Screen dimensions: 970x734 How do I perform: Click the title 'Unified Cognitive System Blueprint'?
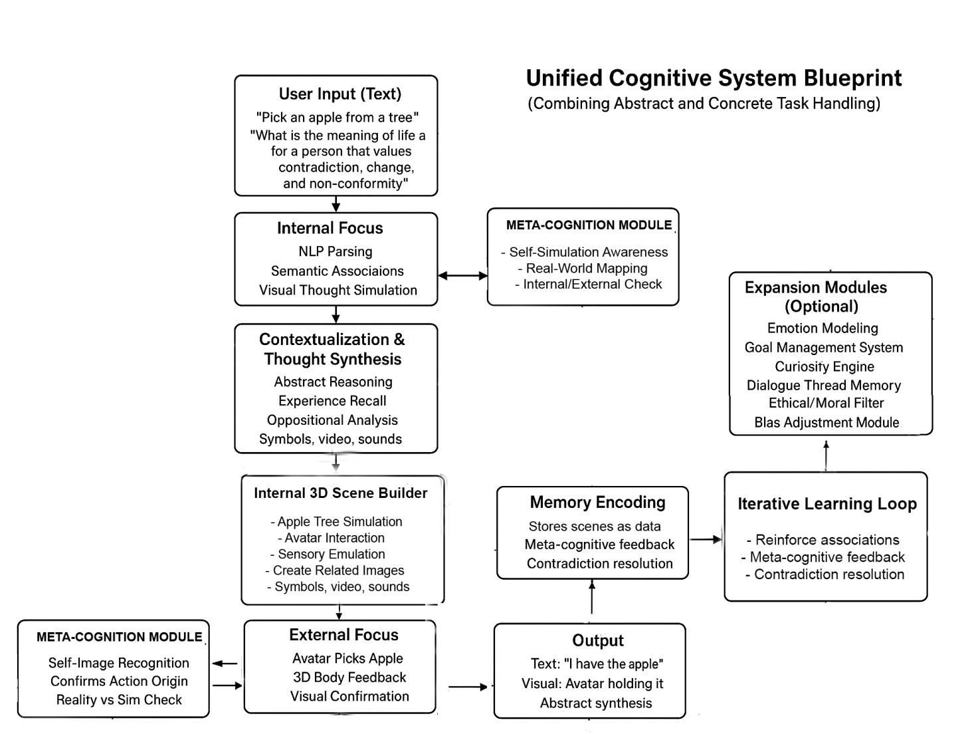(714, 78)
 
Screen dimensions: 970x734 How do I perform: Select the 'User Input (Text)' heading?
(339, 94)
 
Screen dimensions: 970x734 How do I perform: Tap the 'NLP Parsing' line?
(336, 251)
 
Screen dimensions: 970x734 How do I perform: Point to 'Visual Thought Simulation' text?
(338, 290)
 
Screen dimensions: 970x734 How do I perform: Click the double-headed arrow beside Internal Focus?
(462, 275)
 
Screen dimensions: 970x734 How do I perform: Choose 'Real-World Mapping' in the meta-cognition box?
(587, 269)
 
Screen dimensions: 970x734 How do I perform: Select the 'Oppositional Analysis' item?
(332, 420)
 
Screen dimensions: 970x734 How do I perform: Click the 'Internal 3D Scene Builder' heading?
(341, 493)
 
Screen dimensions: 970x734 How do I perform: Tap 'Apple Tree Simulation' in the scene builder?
(339, 522)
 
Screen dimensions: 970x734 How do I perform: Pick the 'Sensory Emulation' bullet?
(332, 554)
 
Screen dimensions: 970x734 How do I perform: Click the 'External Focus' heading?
(343, 635)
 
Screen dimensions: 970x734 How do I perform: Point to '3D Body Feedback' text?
(349, 677)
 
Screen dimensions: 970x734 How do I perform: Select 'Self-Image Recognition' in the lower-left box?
(119, 663)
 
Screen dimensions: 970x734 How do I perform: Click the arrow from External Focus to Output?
(468, 687)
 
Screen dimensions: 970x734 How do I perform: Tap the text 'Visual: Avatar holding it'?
(592, 683)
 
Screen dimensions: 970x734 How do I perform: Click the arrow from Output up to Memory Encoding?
(592, 597)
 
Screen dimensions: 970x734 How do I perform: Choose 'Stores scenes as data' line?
(595, 526)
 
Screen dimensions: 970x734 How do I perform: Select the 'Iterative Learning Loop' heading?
(827, 504)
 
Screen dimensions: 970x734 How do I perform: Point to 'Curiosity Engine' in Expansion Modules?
(824, 366)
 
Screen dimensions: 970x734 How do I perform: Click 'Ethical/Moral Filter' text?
(826, 403)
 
